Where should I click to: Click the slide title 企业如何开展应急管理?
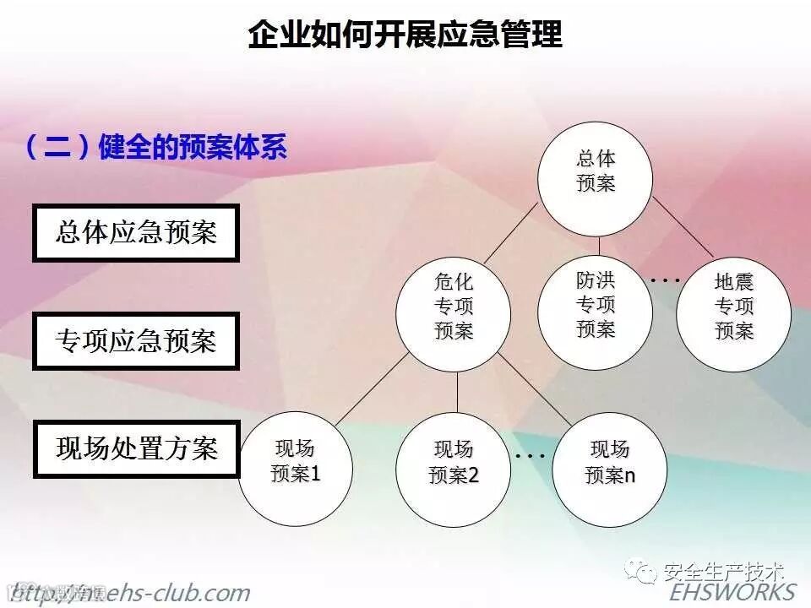click(405, 35)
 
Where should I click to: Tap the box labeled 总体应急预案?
click(136, 231)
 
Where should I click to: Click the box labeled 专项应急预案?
click(136, 340)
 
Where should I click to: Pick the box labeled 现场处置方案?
click(136, 448)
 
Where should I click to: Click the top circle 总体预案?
click(596, 171)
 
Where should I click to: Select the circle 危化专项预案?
click(454, 307)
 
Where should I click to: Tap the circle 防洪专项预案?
click(596, 305)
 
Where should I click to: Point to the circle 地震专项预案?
click(733, 307)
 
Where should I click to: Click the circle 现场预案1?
click(295, 462)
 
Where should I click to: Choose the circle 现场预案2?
click(454, 463)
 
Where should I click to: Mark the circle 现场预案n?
click(610, 462)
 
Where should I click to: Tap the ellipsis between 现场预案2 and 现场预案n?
click(531, 455)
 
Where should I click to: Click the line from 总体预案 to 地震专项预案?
click(680, 233)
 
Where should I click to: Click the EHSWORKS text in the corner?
click(732, 591)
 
